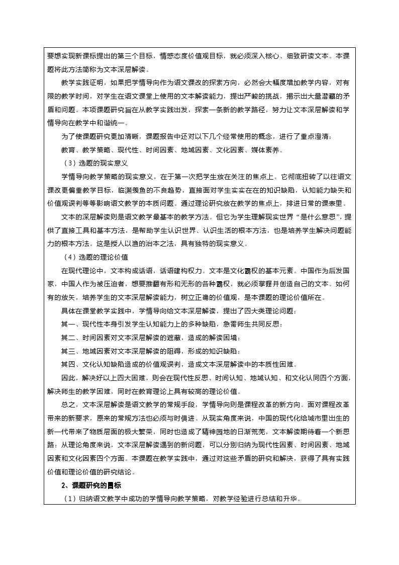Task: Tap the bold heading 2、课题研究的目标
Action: point(90,486)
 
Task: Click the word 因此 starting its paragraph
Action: point(67,378)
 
